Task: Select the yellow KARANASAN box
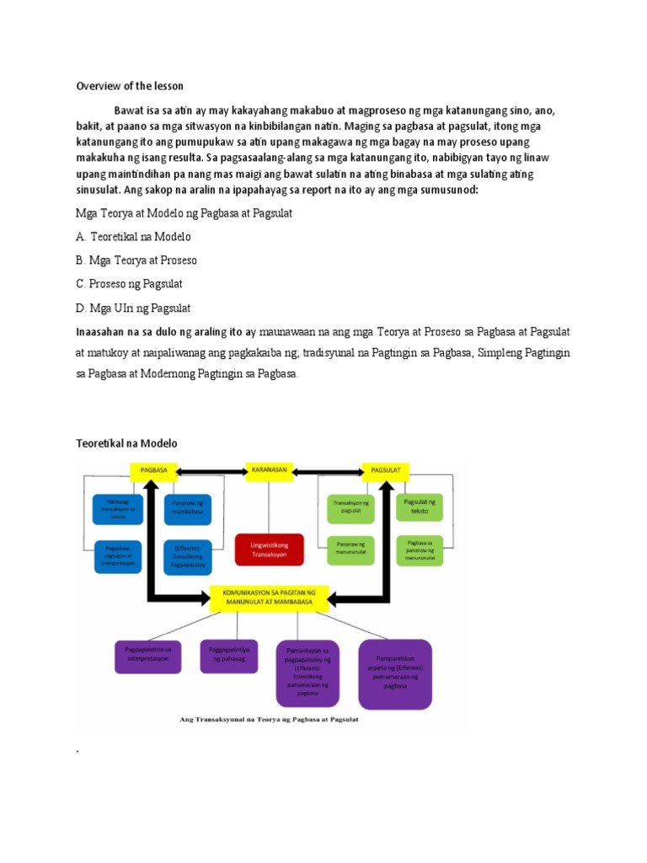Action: [268, 469]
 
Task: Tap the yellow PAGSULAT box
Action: [385, 469]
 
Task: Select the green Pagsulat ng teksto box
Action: [419, 508]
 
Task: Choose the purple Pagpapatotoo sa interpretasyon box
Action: [147, 655]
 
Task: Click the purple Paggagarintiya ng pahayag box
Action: [228, 655]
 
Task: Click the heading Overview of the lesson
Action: [130, 86]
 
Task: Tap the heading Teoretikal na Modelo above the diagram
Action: [127, 442]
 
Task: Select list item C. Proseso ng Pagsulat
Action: [130, 284]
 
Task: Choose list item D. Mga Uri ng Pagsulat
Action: [133, 308]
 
